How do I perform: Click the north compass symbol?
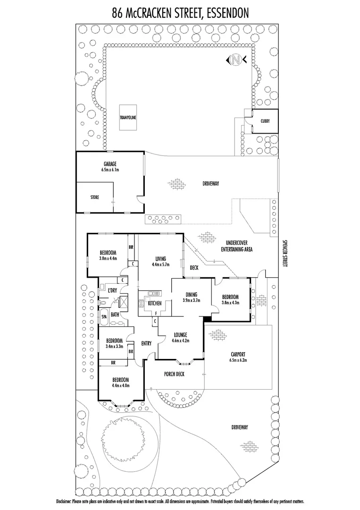[235, 60]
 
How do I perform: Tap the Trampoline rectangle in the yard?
[128, 117]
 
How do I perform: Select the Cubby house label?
[265, 121]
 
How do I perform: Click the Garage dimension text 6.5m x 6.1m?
[110, 170]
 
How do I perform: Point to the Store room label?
[95, 197]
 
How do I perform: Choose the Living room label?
[160, 258]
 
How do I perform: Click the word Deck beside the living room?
[194, 268]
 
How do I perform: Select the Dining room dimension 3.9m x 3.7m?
[192, 300]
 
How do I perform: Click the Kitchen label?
[155, 303]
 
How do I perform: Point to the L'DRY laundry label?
[112, 290]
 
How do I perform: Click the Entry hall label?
[146, 343]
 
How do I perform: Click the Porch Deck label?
[174, 374]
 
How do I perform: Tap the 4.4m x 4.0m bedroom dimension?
[121, 385]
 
